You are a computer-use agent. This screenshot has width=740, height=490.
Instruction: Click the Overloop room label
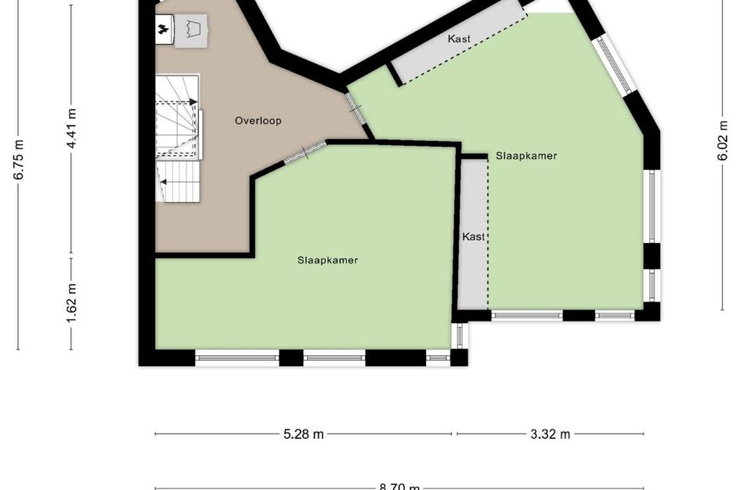[x=258, y=121]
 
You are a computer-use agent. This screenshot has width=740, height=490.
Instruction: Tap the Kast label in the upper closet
[x=459, y=38]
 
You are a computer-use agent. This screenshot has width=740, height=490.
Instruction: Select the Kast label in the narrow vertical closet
[x=473, y=236]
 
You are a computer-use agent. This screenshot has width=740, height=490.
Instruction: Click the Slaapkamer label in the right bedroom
[x=526, y=155]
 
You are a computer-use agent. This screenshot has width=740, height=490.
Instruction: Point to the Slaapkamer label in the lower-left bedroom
[x=327, y=260]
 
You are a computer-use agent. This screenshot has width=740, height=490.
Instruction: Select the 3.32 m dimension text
[x=550, y=434]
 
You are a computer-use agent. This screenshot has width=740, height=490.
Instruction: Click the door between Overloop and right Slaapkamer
[x=356, y=109]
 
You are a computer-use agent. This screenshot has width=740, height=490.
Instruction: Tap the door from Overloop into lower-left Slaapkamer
[x=304, y=151]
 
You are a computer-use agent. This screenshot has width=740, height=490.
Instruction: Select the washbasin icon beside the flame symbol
[x=192, y=30]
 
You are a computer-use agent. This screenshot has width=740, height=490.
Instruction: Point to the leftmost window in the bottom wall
[x=236, y=358]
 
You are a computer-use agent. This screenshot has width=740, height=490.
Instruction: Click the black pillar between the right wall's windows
[x=652, y=256]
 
